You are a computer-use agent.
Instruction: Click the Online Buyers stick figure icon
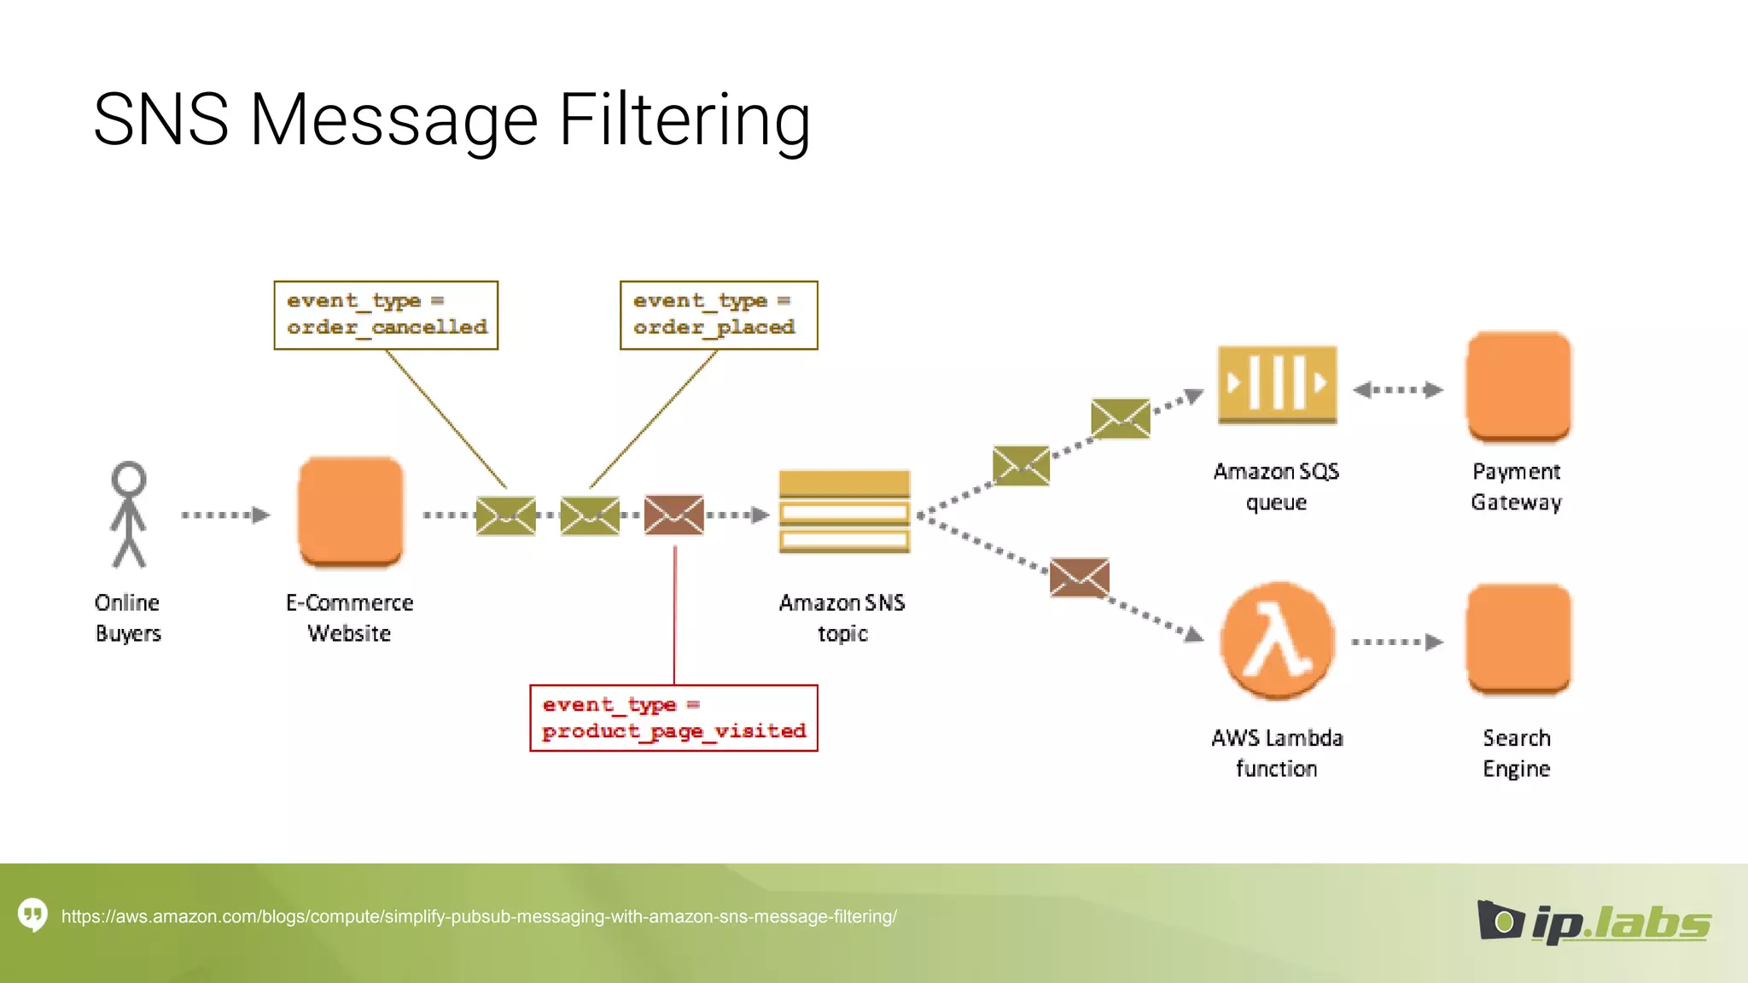[129, 515]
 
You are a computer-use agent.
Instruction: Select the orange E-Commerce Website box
[350, 512]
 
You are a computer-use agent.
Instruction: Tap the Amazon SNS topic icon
[844, 512]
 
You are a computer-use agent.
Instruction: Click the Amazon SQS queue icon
[1277, 385]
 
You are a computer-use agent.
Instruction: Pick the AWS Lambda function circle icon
[1277, 640]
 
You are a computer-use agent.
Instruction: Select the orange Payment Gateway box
[1518, 387]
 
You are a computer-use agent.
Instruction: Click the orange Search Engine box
[1518, 639]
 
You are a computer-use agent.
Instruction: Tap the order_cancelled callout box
[386, 315]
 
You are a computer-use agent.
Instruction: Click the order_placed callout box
[719, 315]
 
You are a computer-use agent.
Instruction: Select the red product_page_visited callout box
[673, 718]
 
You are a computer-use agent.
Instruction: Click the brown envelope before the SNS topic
[674, 515]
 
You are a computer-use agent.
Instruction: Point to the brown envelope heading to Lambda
[1080, 578]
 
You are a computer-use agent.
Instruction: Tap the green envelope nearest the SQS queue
[1121, 418]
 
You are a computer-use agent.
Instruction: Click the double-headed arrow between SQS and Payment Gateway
[1398, 390]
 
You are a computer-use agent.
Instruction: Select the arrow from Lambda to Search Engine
[1397, 642]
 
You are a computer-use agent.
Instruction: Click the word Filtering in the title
[684, 120]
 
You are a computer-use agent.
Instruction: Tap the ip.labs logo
[1594, 922]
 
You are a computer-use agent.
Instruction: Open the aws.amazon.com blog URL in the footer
[479, 916]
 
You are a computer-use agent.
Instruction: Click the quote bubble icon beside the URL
[33, 916]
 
